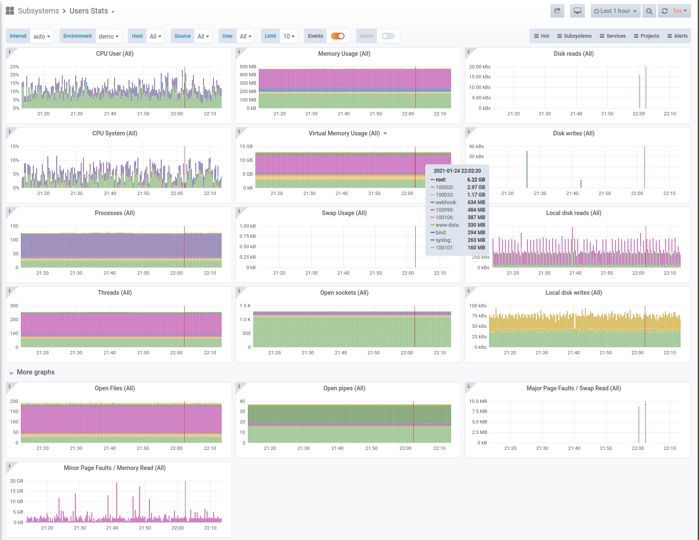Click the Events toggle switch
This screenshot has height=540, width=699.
[x=338, y=36]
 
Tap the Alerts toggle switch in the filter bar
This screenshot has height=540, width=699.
[x=389, y=36]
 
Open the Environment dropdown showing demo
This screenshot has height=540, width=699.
[x=109, y=36]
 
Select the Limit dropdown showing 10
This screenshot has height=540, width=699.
[x=289, y=36]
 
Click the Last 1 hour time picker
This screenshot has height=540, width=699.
[x=616, y=11]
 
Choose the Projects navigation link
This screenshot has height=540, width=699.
[x=647, y=36]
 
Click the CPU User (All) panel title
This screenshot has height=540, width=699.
[x=115, y=54]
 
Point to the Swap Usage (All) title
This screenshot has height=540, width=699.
[x=344, y=213]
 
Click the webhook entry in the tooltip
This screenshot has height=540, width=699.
[x=446, y=202]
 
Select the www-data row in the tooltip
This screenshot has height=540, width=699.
[x=447, y=225]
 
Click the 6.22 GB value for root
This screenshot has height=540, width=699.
[x=476, y=180]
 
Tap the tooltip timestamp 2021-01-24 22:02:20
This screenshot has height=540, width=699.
[x=457, y=171]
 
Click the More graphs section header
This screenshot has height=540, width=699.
[x=36, y=372]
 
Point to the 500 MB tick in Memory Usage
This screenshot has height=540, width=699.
[x=248, y=67]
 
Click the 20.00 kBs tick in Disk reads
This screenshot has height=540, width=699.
[x=480, y=67]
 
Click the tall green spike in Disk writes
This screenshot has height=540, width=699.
[x=527, y=169]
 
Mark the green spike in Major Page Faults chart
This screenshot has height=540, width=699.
[x=639, y=424]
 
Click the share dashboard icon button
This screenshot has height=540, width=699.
[x=557, y=11]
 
